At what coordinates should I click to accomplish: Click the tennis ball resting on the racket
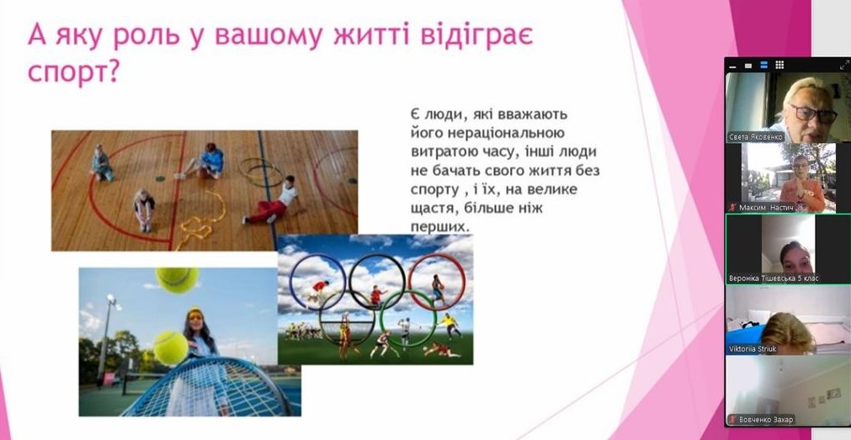170,347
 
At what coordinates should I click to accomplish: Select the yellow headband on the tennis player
194,313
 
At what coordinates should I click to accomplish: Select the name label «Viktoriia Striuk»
753,348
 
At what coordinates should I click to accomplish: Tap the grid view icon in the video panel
779,65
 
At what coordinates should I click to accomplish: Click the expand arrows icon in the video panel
844,65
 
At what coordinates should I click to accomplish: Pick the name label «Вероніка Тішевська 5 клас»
773,278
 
